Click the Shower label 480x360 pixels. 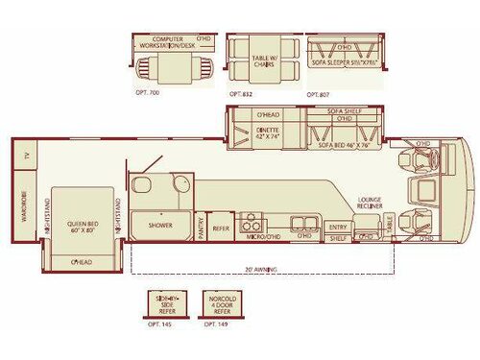click(x=159, y=226)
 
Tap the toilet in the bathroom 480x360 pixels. click(x=141, y=186)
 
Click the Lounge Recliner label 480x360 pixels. click(x=371, y=205)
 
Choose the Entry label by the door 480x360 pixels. click(x=337, y=227)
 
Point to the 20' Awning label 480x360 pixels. click(x=260, y=270)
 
